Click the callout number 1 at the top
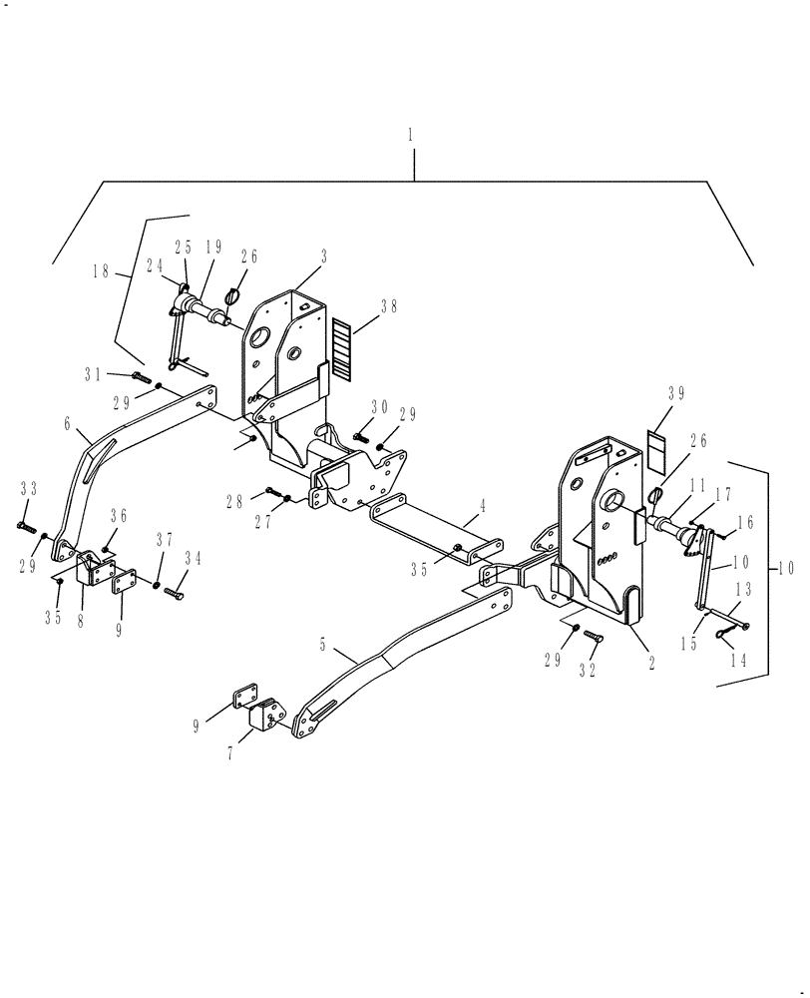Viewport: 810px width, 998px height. coord(413,133)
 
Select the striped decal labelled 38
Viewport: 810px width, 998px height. coord(340,349)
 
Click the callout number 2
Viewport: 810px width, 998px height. coord(651,662)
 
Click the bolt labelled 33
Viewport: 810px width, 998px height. coord(25,524)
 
